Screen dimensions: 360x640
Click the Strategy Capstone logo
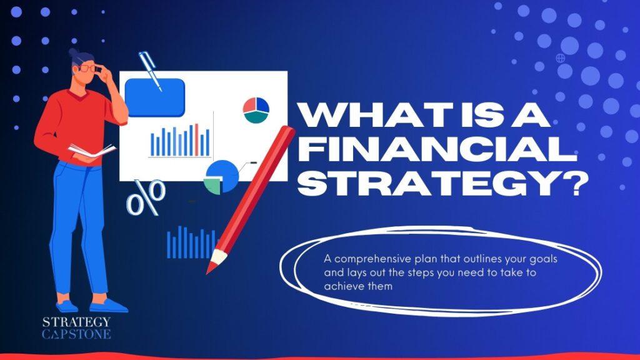pos(76,327)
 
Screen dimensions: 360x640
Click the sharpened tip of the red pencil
pos(211,267)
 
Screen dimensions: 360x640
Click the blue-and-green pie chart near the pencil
pos(221,176)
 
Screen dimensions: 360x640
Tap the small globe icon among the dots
pos(560,57)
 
